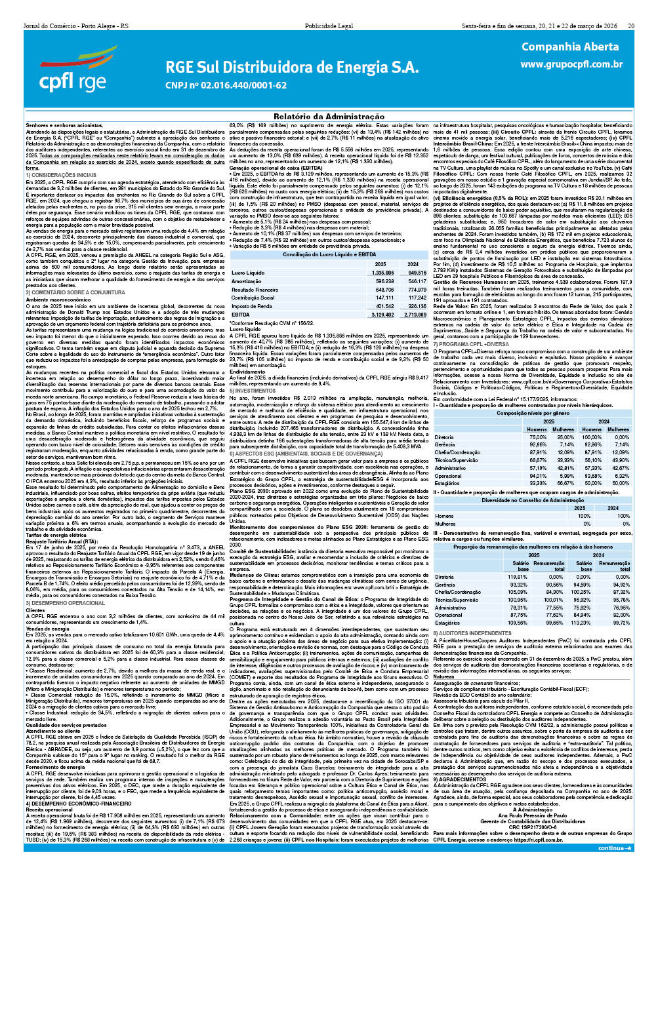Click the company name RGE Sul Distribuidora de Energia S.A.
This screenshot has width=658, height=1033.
point(291,68)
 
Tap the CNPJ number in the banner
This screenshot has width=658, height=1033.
point(226,85)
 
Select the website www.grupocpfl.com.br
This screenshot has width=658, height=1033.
point(571,64)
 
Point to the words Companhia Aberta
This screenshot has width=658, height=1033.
point(569,47)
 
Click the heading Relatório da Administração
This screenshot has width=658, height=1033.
point(329,116)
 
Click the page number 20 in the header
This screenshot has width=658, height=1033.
point(630,26)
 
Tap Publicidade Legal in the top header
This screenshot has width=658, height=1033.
point(329,26)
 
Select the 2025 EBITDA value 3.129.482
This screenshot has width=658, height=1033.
point(382,315)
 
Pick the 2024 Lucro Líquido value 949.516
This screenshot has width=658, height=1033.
point(417,273)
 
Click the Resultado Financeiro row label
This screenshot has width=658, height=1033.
point(255,289)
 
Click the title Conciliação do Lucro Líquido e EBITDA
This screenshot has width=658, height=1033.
point(329,254)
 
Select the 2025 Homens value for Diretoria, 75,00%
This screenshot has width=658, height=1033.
point(537,437)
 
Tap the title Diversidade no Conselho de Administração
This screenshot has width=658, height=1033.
point(532,499)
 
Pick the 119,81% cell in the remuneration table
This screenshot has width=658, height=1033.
point(518,577)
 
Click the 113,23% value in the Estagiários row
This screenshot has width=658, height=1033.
point(581,623)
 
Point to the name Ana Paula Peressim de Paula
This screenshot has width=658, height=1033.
point(532,815)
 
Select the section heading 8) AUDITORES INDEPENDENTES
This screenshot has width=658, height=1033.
point(472,633)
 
